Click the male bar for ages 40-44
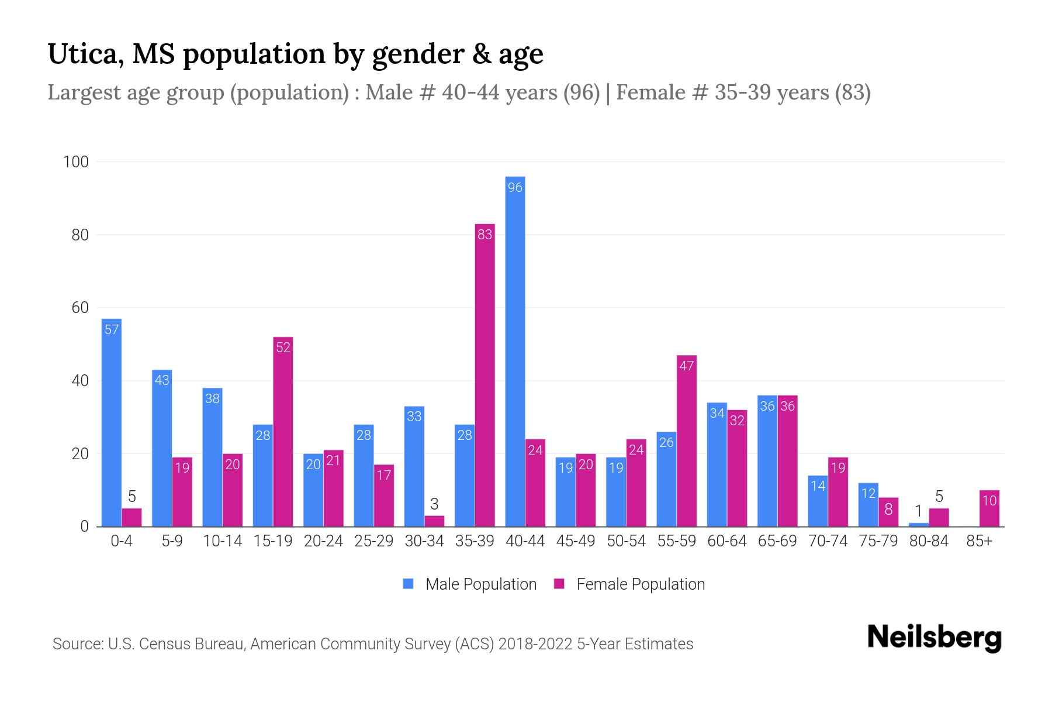point(515,351)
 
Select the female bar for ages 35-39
point(485,374)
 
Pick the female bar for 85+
point(989,508)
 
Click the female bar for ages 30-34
point(434,521)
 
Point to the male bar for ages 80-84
point(919,525)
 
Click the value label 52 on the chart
point(283,347)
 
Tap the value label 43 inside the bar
point(162,380)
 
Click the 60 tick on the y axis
point(80,308)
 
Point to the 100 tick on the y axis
point(76,162)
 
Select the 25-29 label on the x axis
point(374,541)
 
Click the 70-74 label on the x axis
point(828,541)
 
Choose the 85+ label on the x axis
point(979,541)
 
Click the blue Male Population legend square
point(408,584)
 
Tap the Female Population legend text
point(641,584)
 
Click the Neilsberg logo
point(934,637)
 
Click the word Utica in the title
point(85,54)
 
